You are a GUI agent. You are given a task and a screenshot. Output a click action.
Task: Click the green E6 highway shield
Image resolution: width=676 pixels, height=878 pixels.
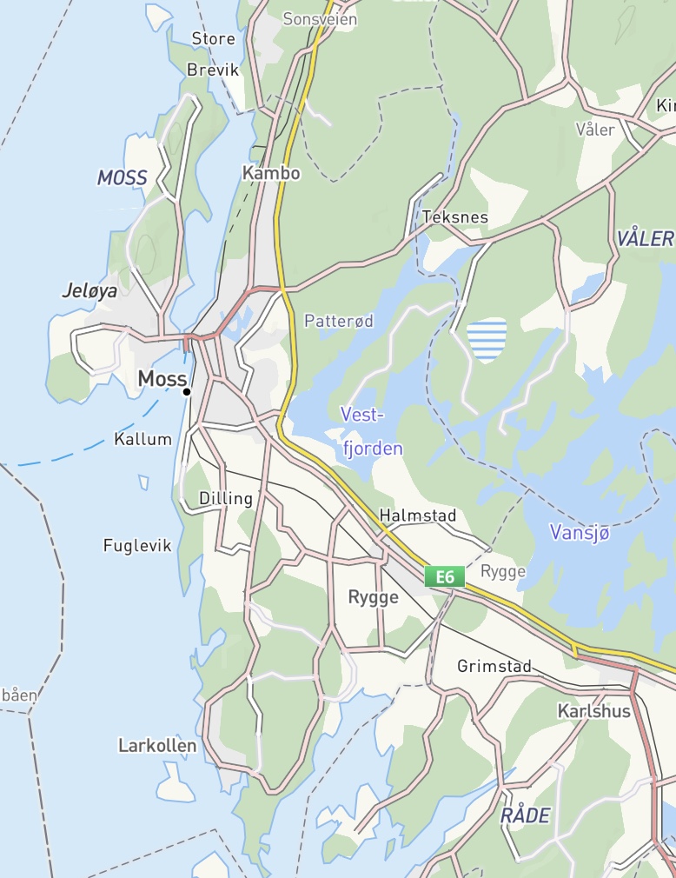coord(445,575)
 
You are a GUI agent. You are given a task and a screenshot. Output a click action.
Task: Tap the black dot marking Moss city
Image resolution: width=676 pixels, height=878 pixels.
coord(187,392)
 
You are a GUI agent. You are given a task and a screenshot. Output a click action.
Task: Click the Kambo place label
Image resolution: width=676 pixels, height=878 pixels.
coord(271,173)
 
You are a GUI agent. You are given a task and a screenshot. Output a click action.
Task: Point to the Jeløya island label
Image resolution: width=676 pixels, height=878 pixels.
coord(89,291)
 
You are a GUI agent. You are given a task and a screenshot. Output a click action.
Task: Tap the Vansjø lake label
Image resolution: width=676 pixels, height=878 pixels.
coord(580,532)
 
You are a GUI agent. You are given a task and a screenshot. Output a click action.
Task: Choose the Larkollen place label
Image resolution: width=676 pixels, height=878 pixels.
coord(157,746)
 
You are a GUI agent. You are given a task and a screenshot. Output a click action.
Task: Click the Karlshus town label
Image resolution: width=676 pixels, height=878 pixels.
coord(593,711)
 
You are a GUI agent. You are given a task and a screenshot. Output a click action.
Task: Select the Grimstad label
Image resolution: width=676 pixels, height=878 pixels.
coord(494,667)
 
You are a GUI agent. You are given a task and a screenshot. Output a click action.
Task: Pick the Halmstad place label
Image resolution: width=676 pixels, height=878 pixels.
coord(418,516)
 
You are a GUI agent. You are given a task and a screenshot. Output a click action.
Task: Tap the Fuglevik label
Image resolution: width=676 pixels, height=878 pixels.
coord(137,546)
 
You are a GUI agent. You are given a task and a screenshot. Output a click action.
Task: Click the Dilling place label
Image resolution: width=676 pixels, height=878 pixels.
coord(226,499)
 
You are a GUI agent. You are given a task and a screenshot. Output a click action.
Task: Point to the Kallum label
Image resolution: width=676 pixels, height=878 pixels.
coord(143,439)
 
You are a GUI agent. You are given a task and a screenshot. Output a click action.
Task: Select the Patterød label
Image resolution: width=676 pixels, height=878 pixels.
coord(339,321)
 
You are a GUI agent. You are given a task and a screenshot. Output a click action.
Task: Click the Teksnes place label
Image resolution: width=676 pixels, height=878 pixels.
coord(454,217)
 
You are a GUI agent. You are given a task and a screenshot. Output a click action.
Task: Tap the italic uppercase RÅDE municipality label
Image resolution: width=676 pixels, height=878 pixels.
coord(525,815)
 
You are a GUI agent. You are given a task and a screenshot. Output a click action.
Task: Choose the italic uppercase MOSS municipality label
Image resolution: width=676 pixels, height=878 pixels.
coord(122,178)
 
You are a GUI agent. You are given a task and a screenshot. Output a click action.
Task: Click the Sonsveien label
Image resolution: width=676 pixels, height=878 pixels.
coord(321,19)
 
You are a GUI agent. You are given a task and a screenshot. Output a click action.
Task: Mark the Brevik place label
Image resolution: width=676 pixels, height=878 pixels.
coord(213,70)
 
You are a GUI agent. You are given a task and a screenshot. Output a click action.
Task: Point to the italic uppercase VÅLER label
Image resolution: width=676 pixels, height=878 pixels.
coord(646,239)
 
